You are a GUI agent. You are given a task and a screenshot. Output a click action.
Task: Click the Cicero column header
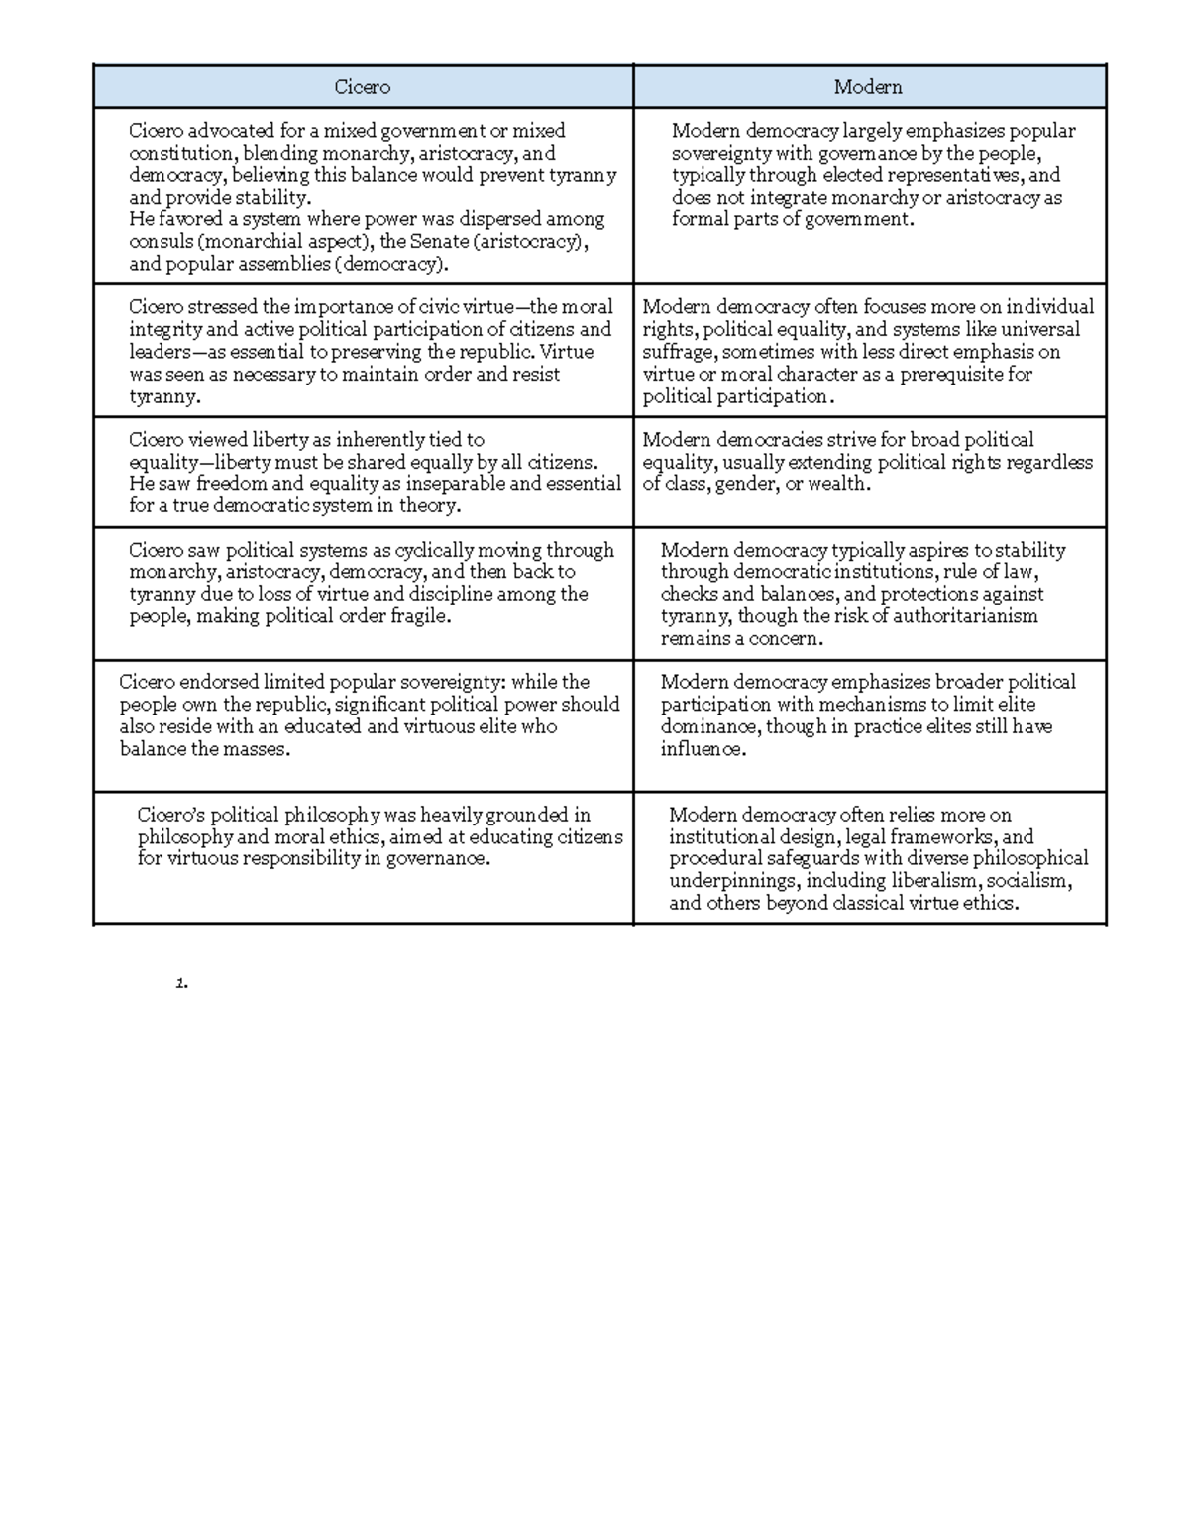[x=362, y=87]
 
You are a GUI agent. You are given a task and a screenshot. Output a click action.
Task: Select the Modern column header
[x=868, y=87]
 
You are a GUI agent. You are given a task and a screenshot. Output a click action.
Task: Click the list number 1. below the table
[x=180, y=984]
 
